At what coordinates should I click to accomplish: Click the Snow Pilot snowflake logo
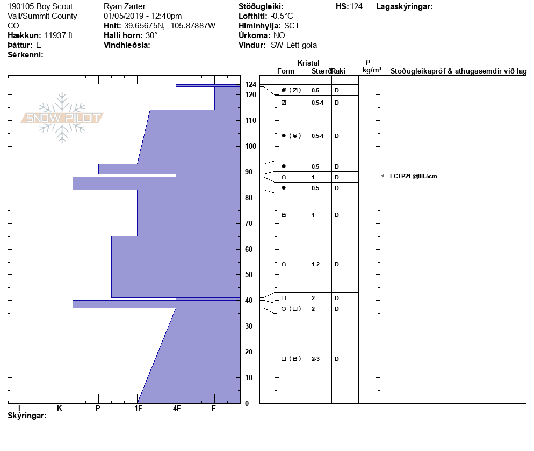coord(62,118)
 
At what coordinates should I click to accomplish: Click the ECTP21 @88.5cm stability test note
coord(413,176)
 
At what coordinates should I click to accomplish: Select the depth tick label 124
coord(251,84)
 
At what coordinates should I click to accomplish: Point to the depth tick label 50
coord(249,274)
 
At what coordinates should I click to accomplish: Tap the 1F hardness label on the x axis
coord(138,408)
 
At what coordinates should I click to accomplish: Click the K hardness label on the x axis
coord(60,408)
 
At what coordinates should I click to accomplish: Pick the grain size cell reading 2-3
coord(316,359)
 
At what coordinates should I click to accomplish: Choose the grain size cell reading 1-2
coord(316,265)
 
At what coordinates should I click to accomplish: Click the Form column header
coord(286,71)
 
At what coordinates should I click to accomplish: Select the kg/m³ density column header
coord(372,70)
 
